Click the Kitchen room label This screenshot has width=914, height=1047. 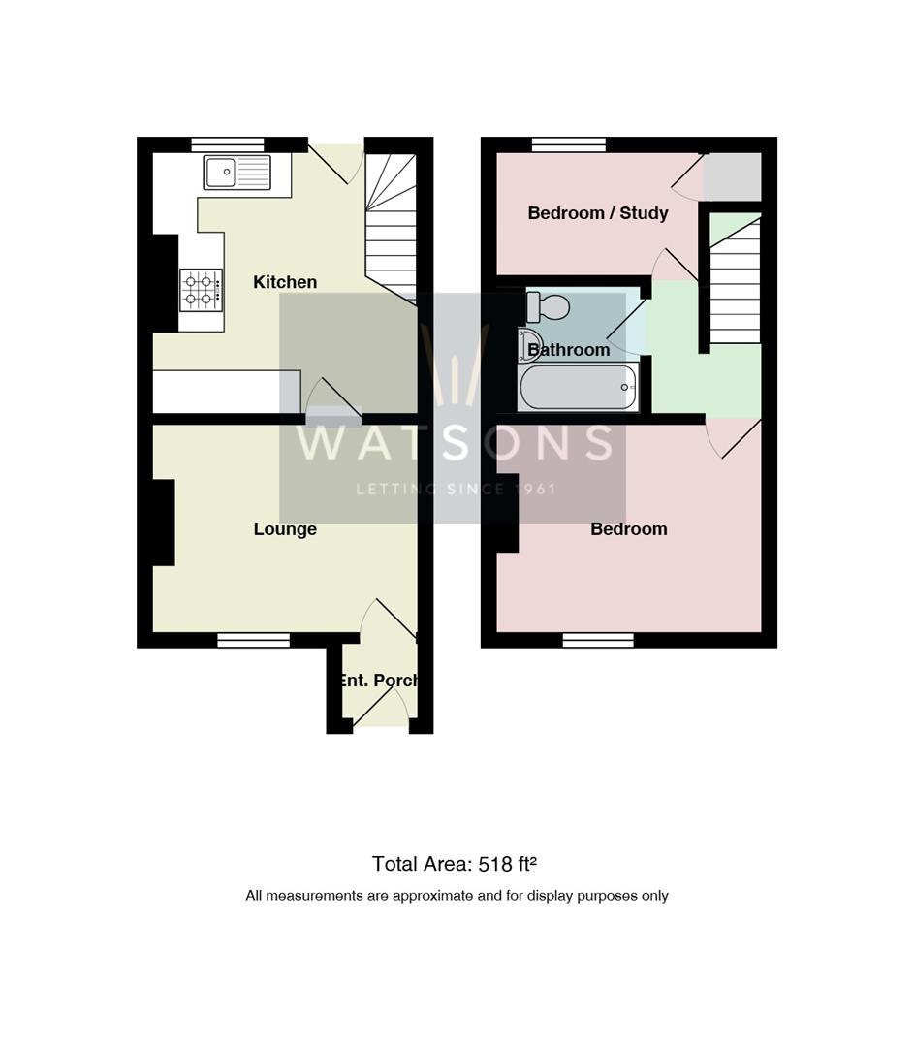pos(285,282)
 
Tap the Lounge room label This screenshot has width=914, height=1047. pos(285,529)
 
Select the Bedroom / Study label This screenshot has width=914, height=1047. pos(597,213)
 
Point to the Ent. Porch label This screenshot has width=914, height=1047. pos(379,681)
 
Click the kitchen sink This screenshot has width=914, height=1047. pos(237,173)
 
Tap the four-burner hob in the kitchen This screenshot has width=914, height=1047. pos(201,290)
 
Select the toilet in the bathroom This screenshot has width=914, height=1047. pos(549,306)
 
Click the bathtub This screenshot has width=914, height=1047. pos(579,388)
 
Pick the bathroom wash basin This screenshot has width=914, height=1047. pos(530,344)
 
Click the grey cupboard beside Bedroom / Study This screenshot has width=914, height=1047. pos(732,175)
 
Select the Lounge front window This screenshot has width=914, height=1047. pos(253,640)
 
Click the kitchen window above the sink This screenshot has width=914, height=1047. pos(228,144)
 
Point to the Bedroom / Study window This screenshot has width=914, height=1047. pos(568,144)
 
